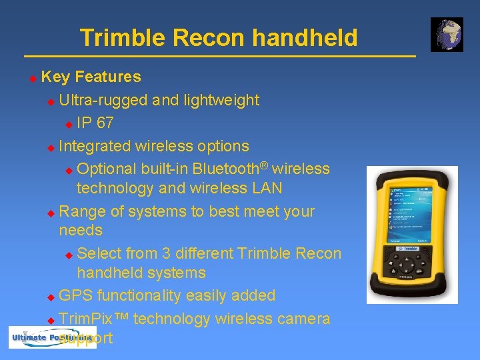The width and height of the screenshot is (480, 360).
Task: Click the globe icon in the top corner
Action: tap(447, 35)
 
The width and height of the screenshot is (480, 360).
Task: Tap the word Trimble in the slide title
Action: tap(123, 38)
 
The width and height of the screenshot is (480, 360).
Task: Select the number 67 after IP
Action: tap(105, 123)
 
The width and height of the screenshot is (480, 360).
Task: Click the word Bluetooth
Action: tap(229, 169)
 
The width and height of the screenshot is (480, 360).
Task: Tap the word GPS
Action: tap(77, 295)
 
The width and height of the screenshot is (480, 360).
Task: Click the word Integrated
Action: tap(95, 146)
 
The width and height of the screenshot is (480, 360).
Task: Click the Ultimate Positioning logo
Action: tap(52, 338)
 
